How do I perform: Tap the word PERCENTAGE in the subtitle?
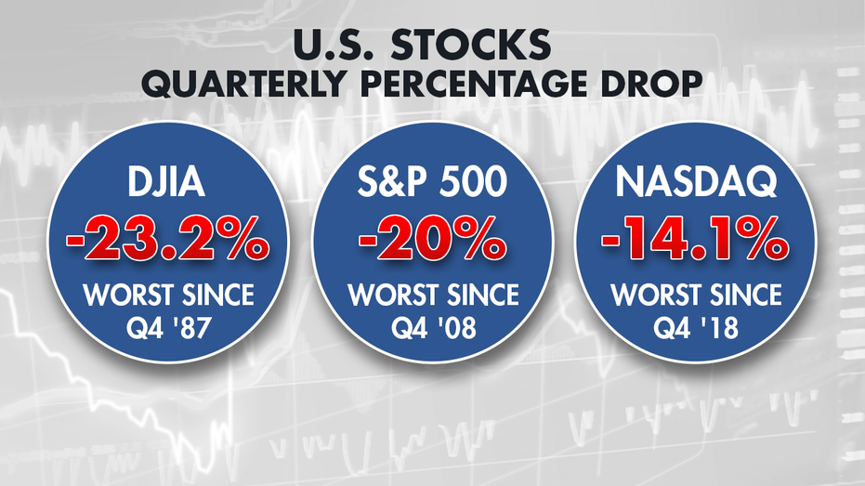coord(476,84)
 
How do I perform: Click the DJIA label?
coord(166,181)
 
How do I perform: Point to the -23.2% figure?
coord(167,238)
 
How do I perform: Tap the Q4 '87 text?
coord(168,328)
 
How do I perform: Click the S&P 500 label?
coord(432,181)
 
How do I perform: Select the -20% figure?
coord(433,238)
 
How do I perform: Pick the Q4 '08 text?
coord(433,328)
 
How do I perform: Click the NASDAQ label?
coord(696,181)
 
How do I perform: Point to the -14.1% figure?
coord(695,238)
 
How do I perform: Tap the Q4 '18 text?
coord(696,328)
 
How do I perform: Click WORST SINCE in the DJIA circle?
coord(168,296)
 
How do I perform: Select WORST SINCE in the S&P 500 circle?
coord(433,296)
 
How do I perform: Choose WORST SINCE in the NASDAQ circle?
coord(696,296)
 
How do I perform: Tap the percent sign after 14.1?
coord(761,238)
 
